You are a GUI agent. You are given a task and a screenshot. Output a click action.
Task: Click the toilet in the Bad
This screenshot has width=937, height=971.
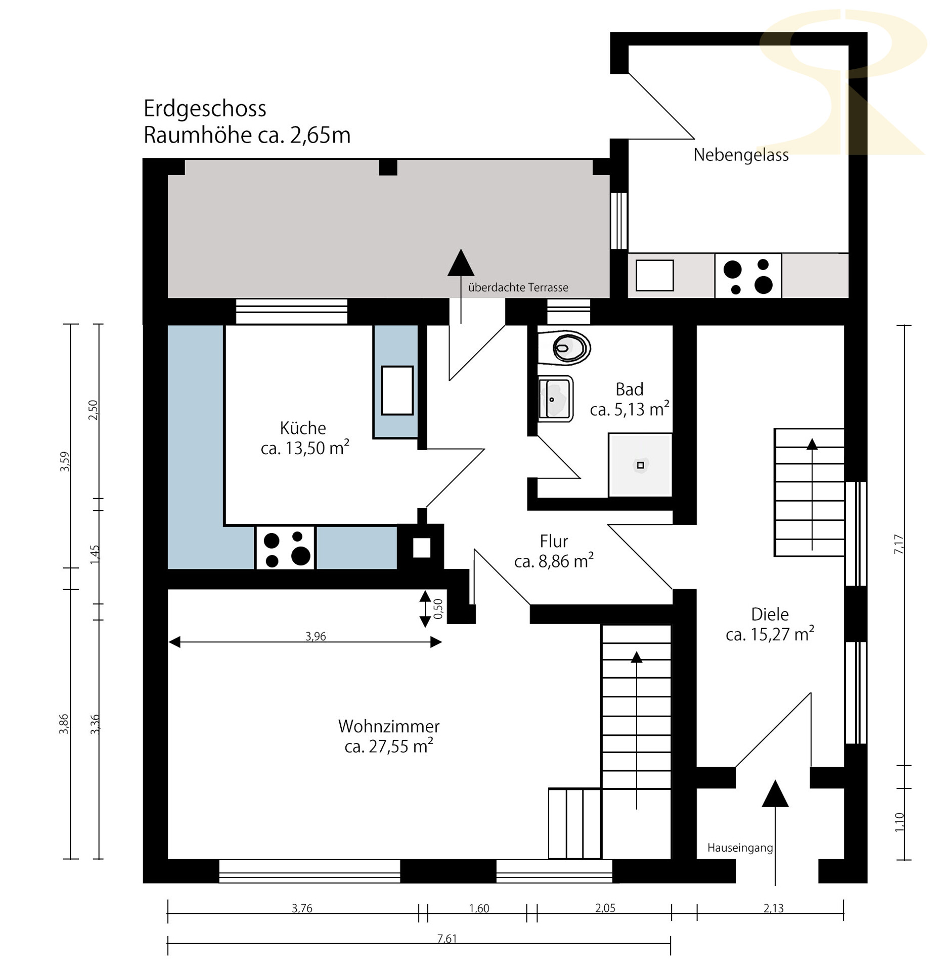pyautogui.click(x=563, y=347)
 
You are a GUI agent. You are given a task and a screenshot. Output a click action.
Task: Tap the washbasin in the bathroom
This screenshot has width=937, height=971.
pyautogui.click(x=555, y=399)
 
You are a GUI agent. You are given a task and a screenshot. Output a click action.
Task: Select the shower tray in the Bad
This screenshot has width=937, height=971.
pyautogui.click(x=640, y=465)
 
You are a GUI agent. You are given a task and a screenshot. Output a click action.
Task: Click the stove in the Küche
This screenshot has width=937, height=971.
pyautogui.click(x=285, y=548)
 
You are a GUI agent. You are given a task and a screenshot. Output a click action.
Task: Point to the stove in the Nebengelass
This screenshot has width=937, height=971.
pyautogui.click(x=747, y=276)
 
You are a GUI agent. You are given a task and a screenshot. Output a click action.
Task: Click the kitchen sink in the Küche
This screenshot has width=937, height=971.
pyautogui.click(x=397, y=390)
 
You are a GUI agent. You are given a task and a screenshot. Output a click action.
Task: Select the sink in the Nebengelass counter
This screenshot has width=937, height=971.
pyautogui.click(x=654, y=276)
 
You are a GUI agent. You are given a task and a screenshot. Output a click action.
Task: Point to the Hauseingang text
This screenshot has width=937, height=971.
pyautogui.click(x=740, y=848)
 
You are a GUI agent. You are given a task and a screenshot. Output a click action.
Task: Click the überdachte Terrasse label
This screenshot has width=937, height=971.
pyautogui.click(x=518, y=287)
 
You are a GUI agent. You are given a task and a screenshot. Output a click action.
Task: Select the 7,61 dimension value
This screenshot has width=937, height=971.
pyautogui.click(x=447, y=939)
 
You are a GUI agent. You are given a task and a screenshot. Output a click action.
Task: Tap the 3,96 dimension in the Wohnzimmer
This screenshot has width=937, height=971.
pyautogui.click(x=316, y=636)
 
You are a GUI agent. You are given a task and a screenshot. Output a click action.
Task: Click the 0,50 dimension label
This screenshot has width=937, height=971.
pyautogui.click(x=438, y=608)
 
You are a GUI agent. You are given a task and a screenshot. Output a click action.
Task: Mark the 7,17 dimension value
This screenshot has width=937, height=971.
pyautogui.click(x=899, y=544)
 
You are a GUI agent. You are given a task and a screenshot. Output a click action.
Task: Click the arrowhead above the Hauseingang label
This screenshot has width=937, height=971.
pyautogui.click(x=775, y=794)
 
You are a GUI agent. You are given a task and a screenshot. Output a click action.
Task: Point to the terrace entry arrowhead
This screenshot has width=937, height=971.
pyautogui.click(x=461, y=263)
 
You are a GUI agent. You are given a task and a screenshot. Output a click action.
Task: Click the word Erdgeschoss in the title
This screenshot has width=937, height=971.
pyautogui.click(x=205, y=109)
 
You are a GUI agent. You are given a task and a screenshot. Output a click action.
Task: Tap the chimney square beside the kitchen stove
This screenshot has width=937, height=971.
pyautogui.click(x=421, y=548)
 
